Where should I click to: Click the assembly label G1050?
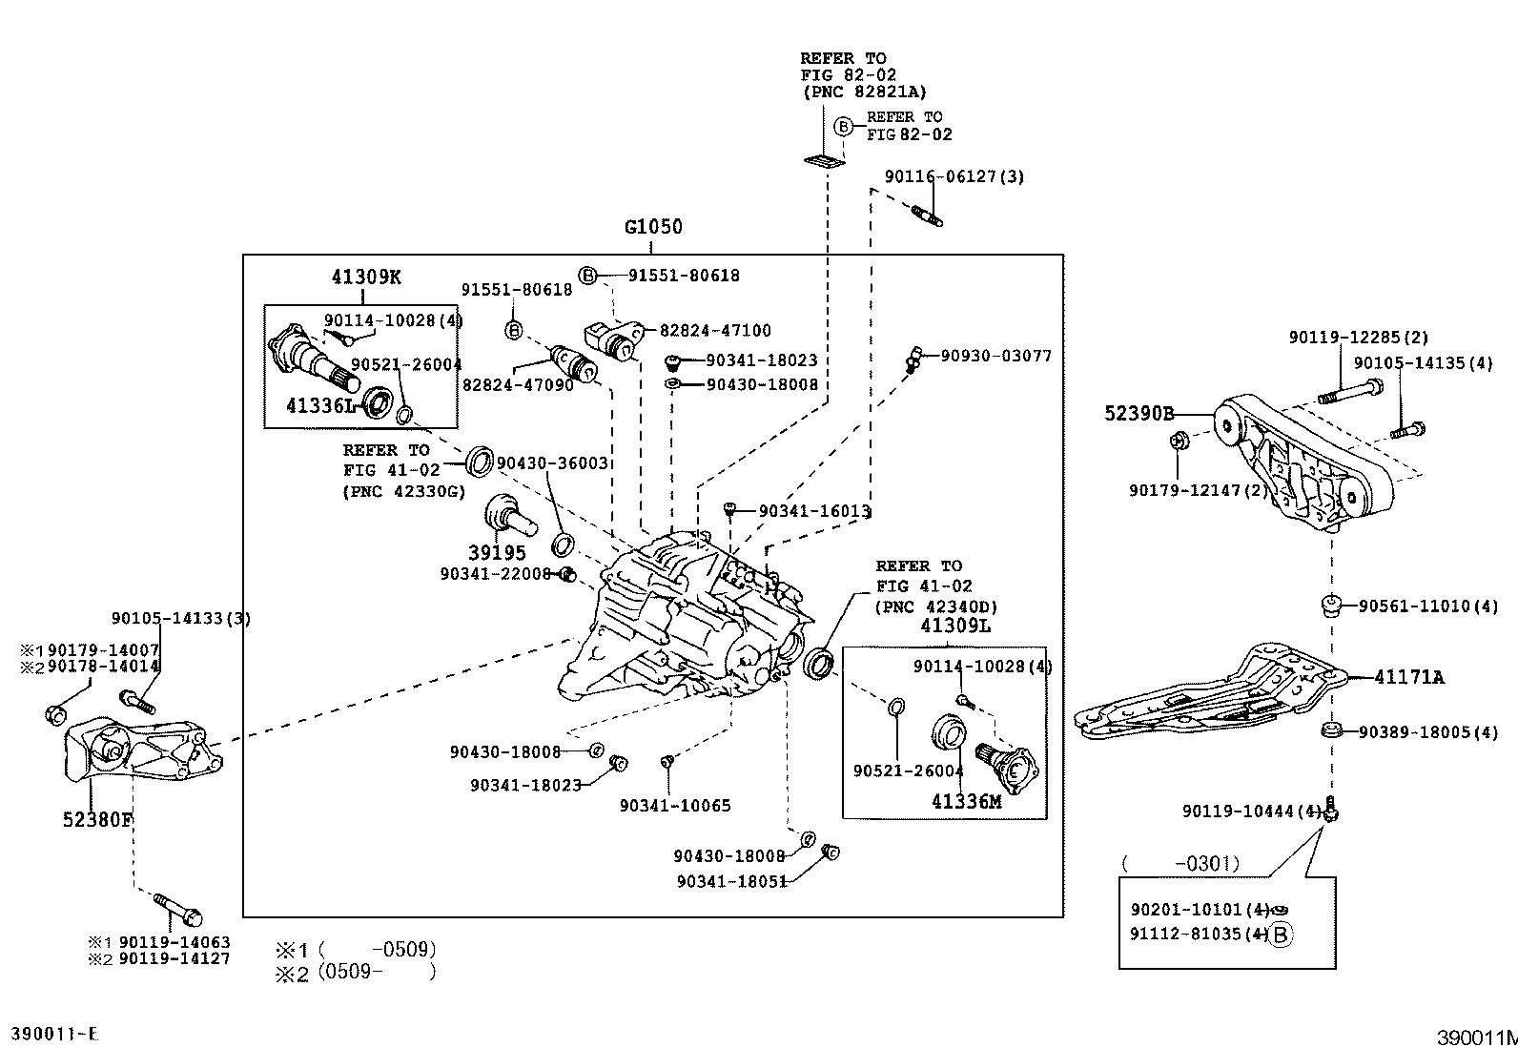tap(653, 227)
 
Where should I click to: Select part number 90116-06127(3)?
tap(954, 176)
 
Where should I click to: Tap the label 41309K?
tap(366, 277)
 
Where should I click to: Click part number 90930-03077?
tap(995, 356)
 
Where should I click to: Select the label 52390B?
tap(1138, 414)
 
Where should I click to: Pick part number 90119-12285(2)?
tap(1358, 338)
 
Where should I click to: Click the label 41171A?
tap(1408, 678)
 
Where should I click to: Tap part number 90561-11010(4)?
tap(1427, 606)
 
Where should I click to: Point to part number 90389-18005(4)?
tap(1427, 732)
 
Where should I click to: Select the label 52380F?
tap(97, 819)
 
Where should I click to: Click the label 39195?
tap(497, 553)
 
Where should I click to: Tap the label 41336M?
tap(966, 802)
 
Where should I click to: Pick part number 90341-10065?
tap(674, 806)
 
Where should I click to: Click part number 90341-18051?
tap(731, 882)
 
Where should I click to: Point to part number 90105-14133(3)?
tap(180, 618)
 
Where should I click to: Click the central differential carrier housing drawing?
tap(687, 620)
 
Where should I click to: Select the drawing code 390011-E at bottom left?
tap(54, 1034)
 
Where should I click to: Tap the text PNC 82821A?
tap(863, 92)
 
